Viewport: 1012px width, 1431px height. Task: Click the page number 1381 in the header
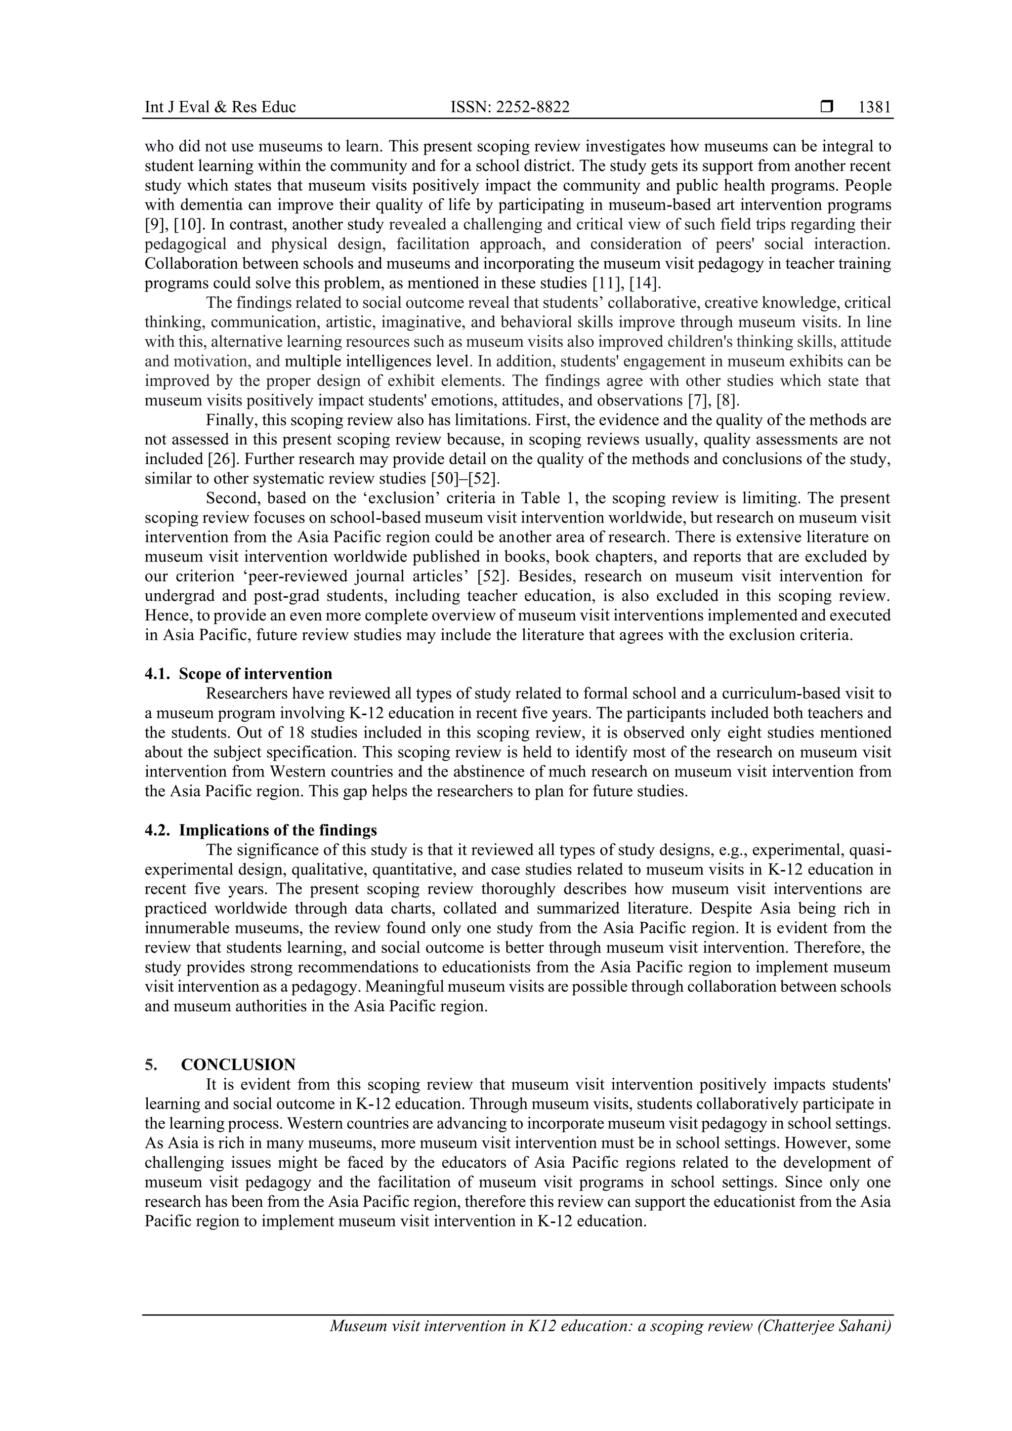click(x=874, y=107)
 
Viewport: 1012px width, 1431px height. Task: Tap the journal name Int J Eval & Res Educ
click(x=220, y=107)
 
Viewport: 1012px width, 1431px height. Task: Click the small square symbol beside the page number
click(x=826, y=107)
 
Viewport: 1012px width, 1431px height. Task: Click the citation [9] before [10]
click(x=154, y=225)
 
